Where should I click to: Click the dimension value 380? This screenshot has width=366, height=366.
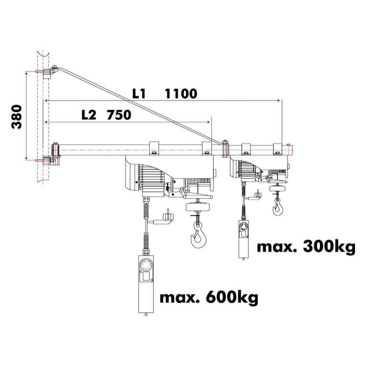16,117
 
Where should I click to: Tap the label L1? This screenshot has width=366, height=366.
139,94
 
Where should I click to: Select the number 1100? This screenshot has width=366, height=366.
181,94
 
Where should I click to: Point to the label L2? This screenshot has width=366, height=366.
89,115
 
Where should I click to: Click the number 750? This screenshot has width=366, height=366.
119,115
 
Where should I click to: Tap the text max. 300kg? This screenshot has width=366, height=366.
306,247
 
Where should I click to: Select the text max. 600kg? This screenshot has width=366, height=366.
209,298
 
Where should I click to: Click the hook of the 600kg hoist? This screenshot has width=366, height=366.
198,234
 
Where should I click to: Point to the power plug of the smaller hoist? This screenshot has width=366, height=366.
255,195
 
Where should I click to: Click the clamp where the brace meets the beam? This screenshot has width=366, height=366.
225,149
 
